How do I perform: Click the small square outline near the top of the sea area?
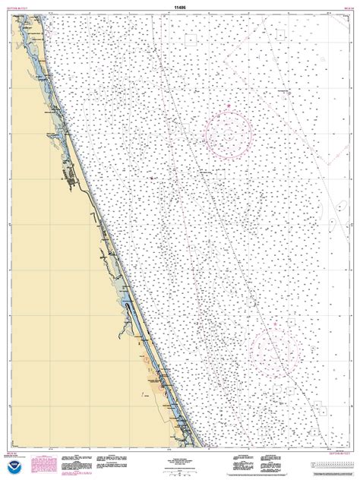[192, 37]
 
